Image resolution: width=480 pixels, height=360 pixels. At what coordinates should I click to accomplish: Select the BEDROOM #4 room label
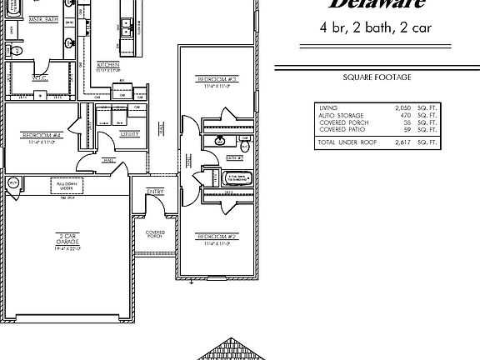pos(41,135)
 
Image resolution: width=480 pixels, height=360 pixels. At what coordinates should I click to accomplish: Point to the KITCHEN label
pos(108,65)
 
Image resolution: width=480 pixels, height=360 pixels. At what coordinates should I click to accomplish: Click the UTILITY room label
pos(129,133)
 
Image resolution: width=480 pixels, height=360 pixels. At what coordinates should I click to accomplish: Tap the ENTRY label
pos(155,192)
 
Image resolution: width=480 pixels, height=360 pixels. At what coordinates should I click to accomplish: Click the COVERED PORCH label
pos(155,234)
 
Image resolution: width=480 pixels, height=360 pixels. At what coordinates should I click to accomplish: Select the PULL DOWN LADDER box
pos(70,186)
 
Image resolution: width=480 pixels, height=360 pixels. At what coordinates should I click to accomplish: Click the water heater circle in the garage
pos(12,182)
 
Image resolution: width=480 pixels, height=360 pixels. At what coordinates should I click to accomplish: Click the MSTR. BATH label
pos(41,17)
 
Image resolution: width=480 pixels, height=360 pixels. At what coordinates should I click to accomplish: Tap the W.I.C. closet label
pos(39,77)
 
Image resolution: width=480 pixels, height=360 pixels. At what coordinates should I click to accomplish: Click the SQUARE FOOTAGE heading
pos(377,77)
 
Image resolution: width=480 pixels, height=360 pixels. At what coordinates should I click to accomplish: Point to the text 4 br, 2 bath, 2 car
pos(377,27)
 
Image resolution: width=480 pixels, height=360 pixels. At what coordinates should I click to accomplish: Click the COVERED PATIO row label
pos(343,130)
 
